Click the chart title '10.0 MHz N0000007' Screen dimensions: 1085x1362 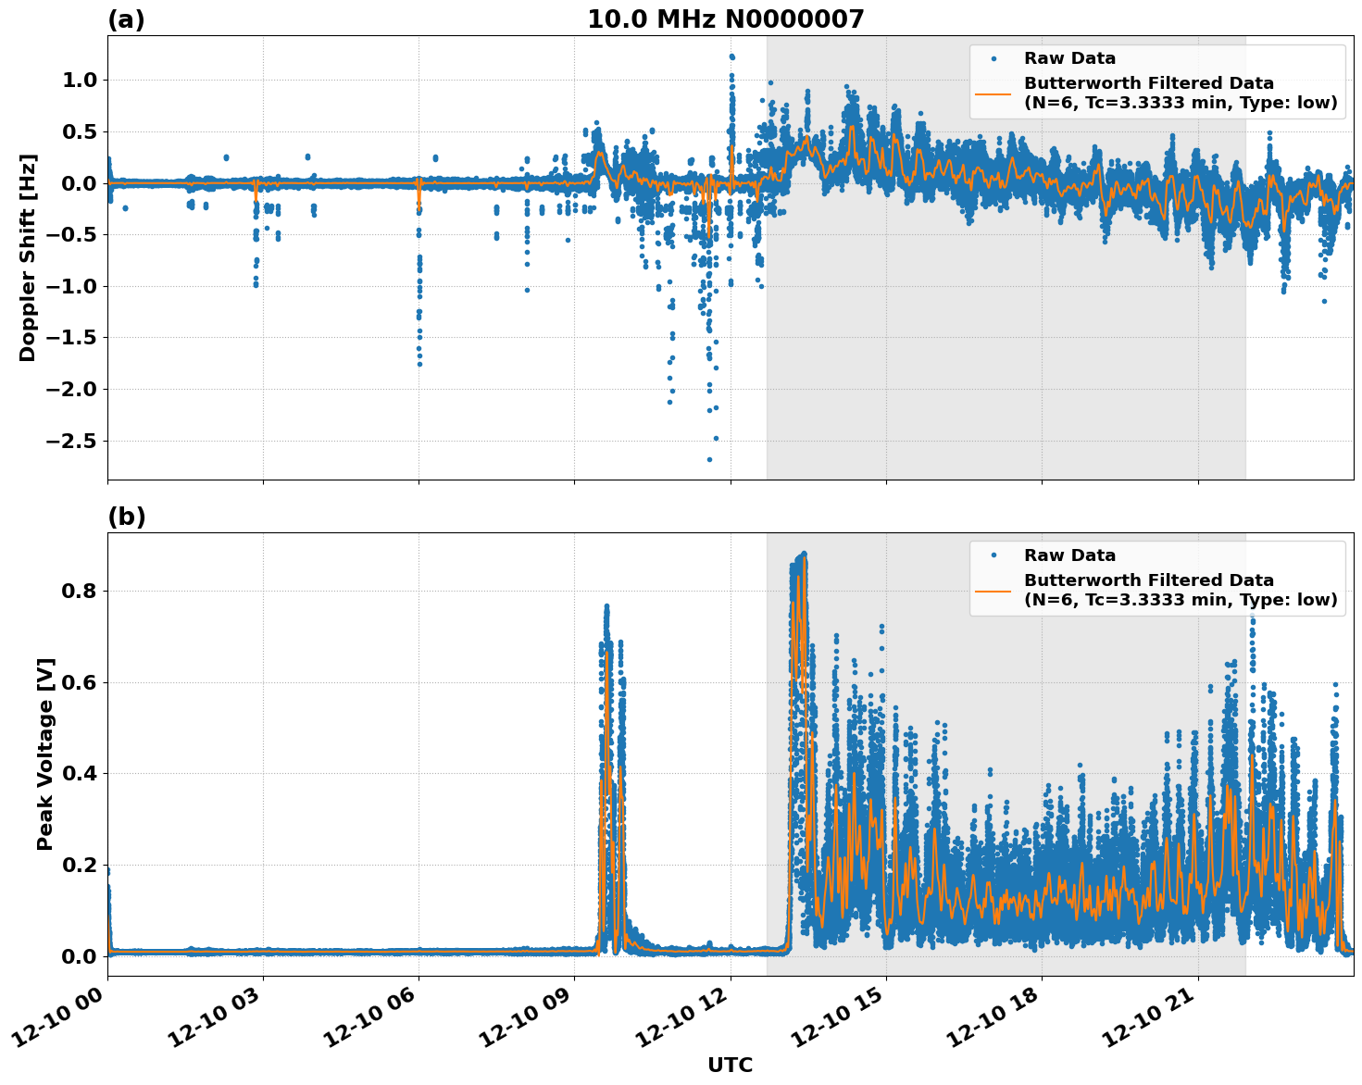click(x=725, y=19)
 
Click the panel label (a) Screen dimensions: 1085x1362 click(x=126, y=19)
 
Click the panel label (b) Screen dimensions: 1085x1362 click(x=126, y=517)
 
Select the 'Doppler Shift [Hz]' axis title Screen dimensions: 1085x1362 click(x=28, y=257)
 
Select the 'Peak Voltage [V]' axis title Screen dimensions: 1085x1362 click(x=44, y=754)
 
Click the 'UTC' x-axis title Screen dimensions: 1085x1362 click(x=730, y=1065)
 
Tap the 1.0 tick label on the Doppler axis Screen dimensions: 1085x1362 click(x=79, y=81)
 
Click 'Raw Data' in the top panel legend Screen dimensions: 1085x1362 click(x=1069, y=58)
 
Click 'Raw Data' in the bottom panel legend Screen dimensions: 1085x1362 click(x=1069, y=555)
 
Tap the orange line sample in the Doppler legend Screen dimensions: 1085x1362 click(x=993, y=93)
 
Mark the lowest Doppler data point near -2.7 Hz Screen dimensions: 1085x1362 click(x=709, y=459)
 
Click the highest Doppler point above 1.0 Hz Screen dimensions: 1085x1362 click(x=731, y=56)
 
